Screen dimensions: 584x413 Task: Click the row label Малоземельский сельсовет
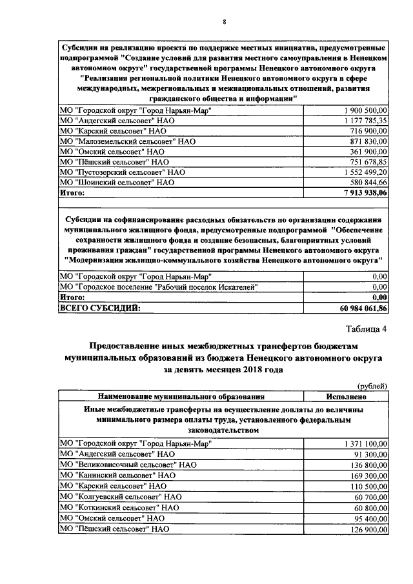(x=126, y=141)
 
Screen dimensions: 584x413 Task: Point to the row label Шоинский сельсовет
(x=117, y=183)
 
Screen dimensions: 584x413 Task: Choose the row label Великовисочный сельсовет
(x=127, y=465)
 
